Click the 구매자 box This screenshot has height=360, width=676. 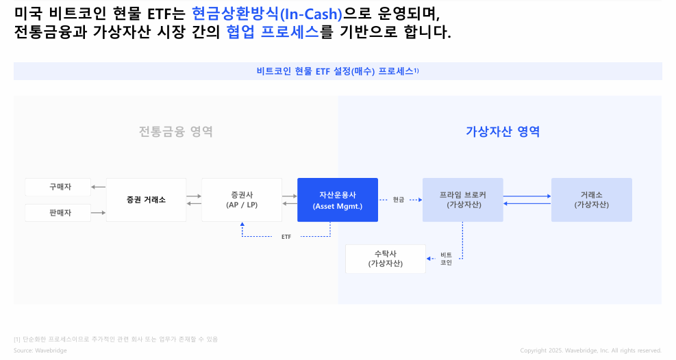click(58, 187)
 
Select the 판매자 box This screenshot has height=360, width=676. click(58, 213)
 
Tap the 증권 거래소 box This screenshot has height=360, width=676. click(146, 200)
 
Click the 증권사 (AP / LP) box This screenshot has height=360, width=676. click(241, 200)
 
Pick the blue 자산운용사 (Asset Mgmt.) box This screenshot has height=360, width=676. click(338, 200)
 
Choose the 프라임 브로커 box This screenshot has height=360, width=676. click(463, 200)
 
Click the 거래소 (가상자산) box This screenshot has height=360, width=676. click(591, 200)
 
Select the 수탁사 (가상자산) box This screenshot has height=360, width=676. click(386, 259)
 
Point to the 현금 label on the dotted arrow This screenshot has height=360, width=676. click(399, 200)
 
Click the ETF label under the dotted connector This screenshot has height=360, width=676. click(286, 237)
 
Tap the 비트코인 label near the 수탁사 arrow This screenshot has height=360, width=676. click(446, 259)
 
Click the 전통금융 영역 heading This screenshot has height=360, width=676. click(176, 131)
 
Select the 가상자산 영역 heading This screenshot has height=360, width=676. click(503, 131)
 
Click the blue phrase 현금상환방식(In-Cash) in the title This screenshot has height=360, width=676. click(267, 12)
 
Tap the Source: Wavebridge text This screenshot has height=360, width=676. click(40, 350)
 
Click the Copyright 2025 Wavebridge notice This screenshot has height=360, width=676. click(590, 350)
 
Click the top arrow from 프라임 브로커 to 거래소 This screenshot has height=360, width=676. click(527, 196)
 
